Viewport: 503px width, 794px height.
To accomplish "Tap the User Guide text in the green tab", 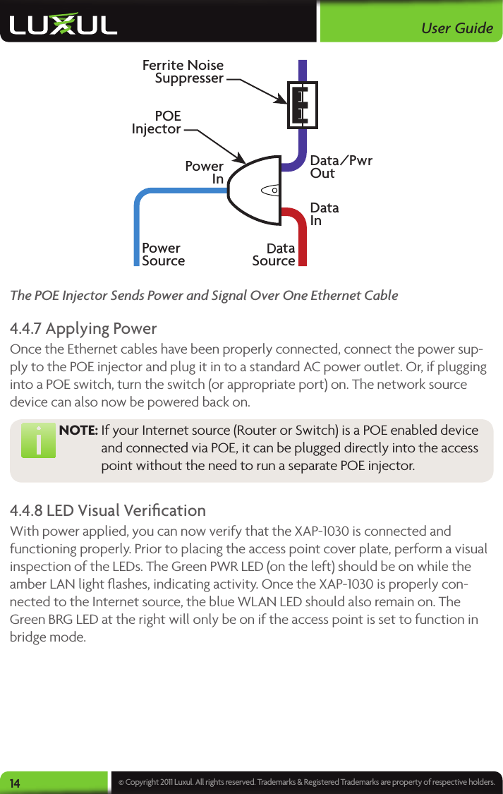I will [456, 28].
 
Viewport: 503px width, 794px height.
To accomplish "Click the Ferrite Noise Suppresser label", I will [183, 71].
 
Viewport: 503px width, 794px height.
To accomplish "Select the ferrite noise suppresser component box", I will [302, 105].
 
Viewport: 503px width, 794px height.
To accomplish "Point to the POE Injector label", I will [157, 122].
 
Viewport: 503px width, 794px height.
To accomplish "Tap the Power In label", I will [205, 173].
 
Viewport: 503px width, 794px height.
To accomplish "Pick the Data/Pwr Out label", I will [341, 167].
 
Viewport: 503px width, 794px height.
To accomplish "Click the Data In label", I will [325, 214].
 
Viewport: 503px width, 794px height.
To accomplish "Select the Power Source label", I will [164, 254].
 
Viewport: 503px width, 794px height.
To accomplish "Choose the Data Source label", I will [274, 254].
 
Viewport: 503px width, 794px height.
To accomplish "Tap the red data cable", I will [302, 236].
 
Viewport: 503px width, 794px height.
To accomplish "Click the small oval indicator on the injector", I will [271, 190].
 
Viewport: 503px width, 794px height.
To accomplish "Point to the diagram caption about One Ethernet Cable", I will [204, 295].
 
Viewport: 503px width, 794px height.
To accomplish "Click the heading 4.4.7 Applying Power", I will [83, 329].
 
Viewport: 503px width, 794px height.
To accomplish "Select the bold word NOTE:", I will [78, 431].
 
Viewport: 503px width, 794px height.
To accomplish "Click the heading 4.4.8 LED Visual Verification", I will [108, 510].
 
